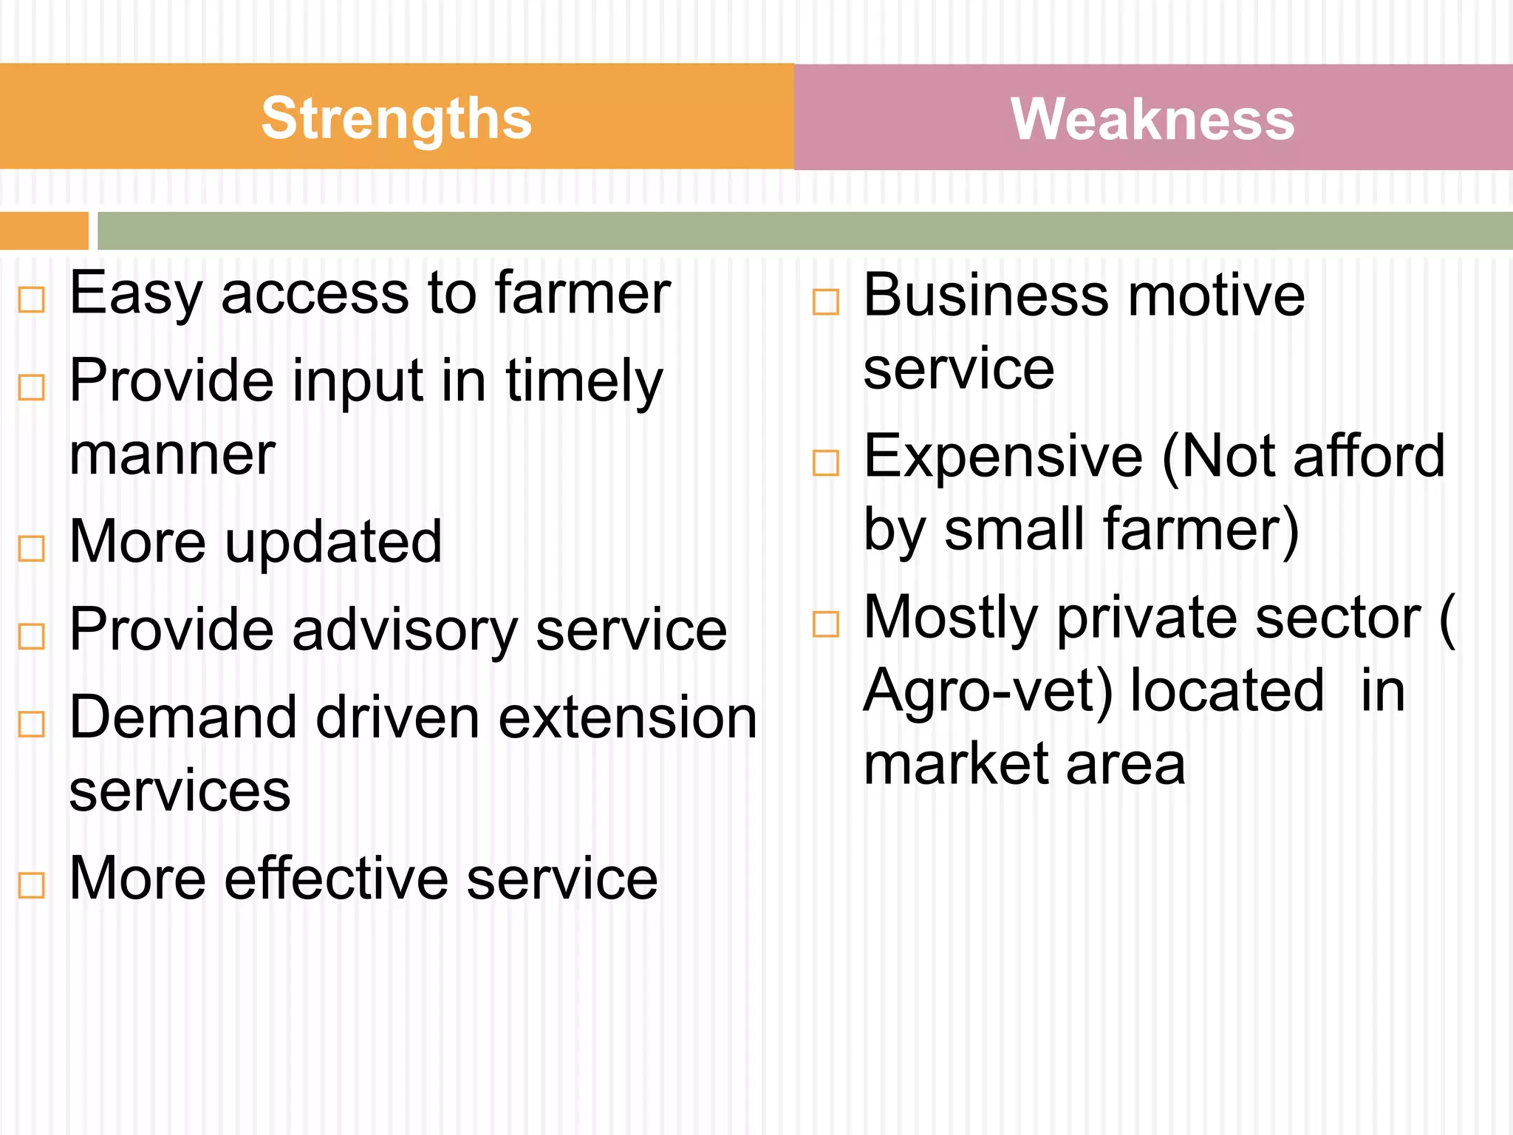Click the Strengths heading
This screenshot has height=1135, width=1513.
coord(397,118)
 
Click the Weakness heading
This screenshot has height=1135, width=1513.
coord(1152,119)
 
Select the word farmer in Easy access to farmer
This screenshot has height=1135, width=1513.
coord(582,293)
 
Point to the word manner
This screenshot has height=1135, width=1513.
coord(172,455)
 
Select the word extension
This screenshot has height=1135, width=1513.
coord(627,718)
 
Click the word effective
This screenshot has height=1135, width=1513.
coord(337,879)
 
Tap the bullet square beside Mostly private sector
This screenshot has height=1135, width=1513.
coord(826,624)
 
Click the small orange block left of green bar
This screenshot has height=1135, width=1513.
coord(44,231)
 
